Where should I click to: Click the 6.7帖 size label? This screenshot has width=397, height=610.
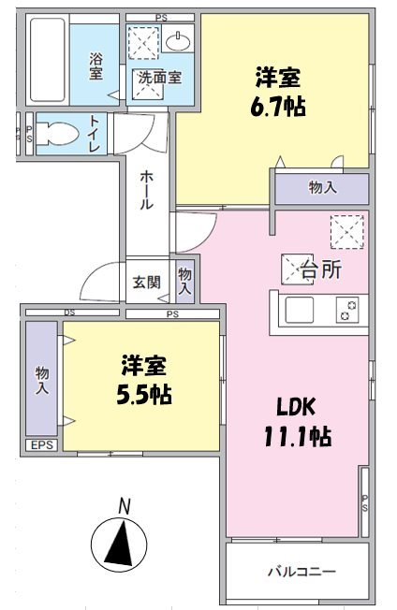pyautogui.click(x=277, y=106)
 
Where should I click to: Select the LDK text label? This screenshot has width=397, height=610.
pyautogui.click(x=297, y=407)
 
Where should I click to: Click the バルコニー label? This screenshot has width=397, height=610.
pyautogui.click(x=301, y=571)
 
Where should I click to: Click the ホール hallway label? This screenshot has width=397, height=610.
pyautogui.click(x=147, y=190)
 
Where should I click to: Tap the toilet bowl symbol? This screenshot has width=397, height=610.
pyautogui.click(x=58, y=133)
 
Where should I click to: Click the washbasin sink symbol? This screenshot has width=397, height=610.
pyautogui.click(x=179, y=40)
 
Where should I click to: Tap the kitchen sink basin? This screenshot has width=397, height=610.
pyautogui.click(x=302, y=310)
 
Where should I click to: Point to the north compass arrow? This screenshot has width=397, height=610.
pyautogui.click(x=119, y=544)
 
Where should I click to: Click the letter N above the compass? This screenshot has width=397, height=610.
pyautogui.click(x=124, y=506)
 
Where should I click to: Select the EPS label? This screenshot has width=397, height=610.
pyautogui.click(x=41, y=445)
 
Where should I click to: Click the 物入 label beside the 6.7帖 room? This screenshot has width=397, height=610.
pyautogui.click(x=322, y=188)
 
